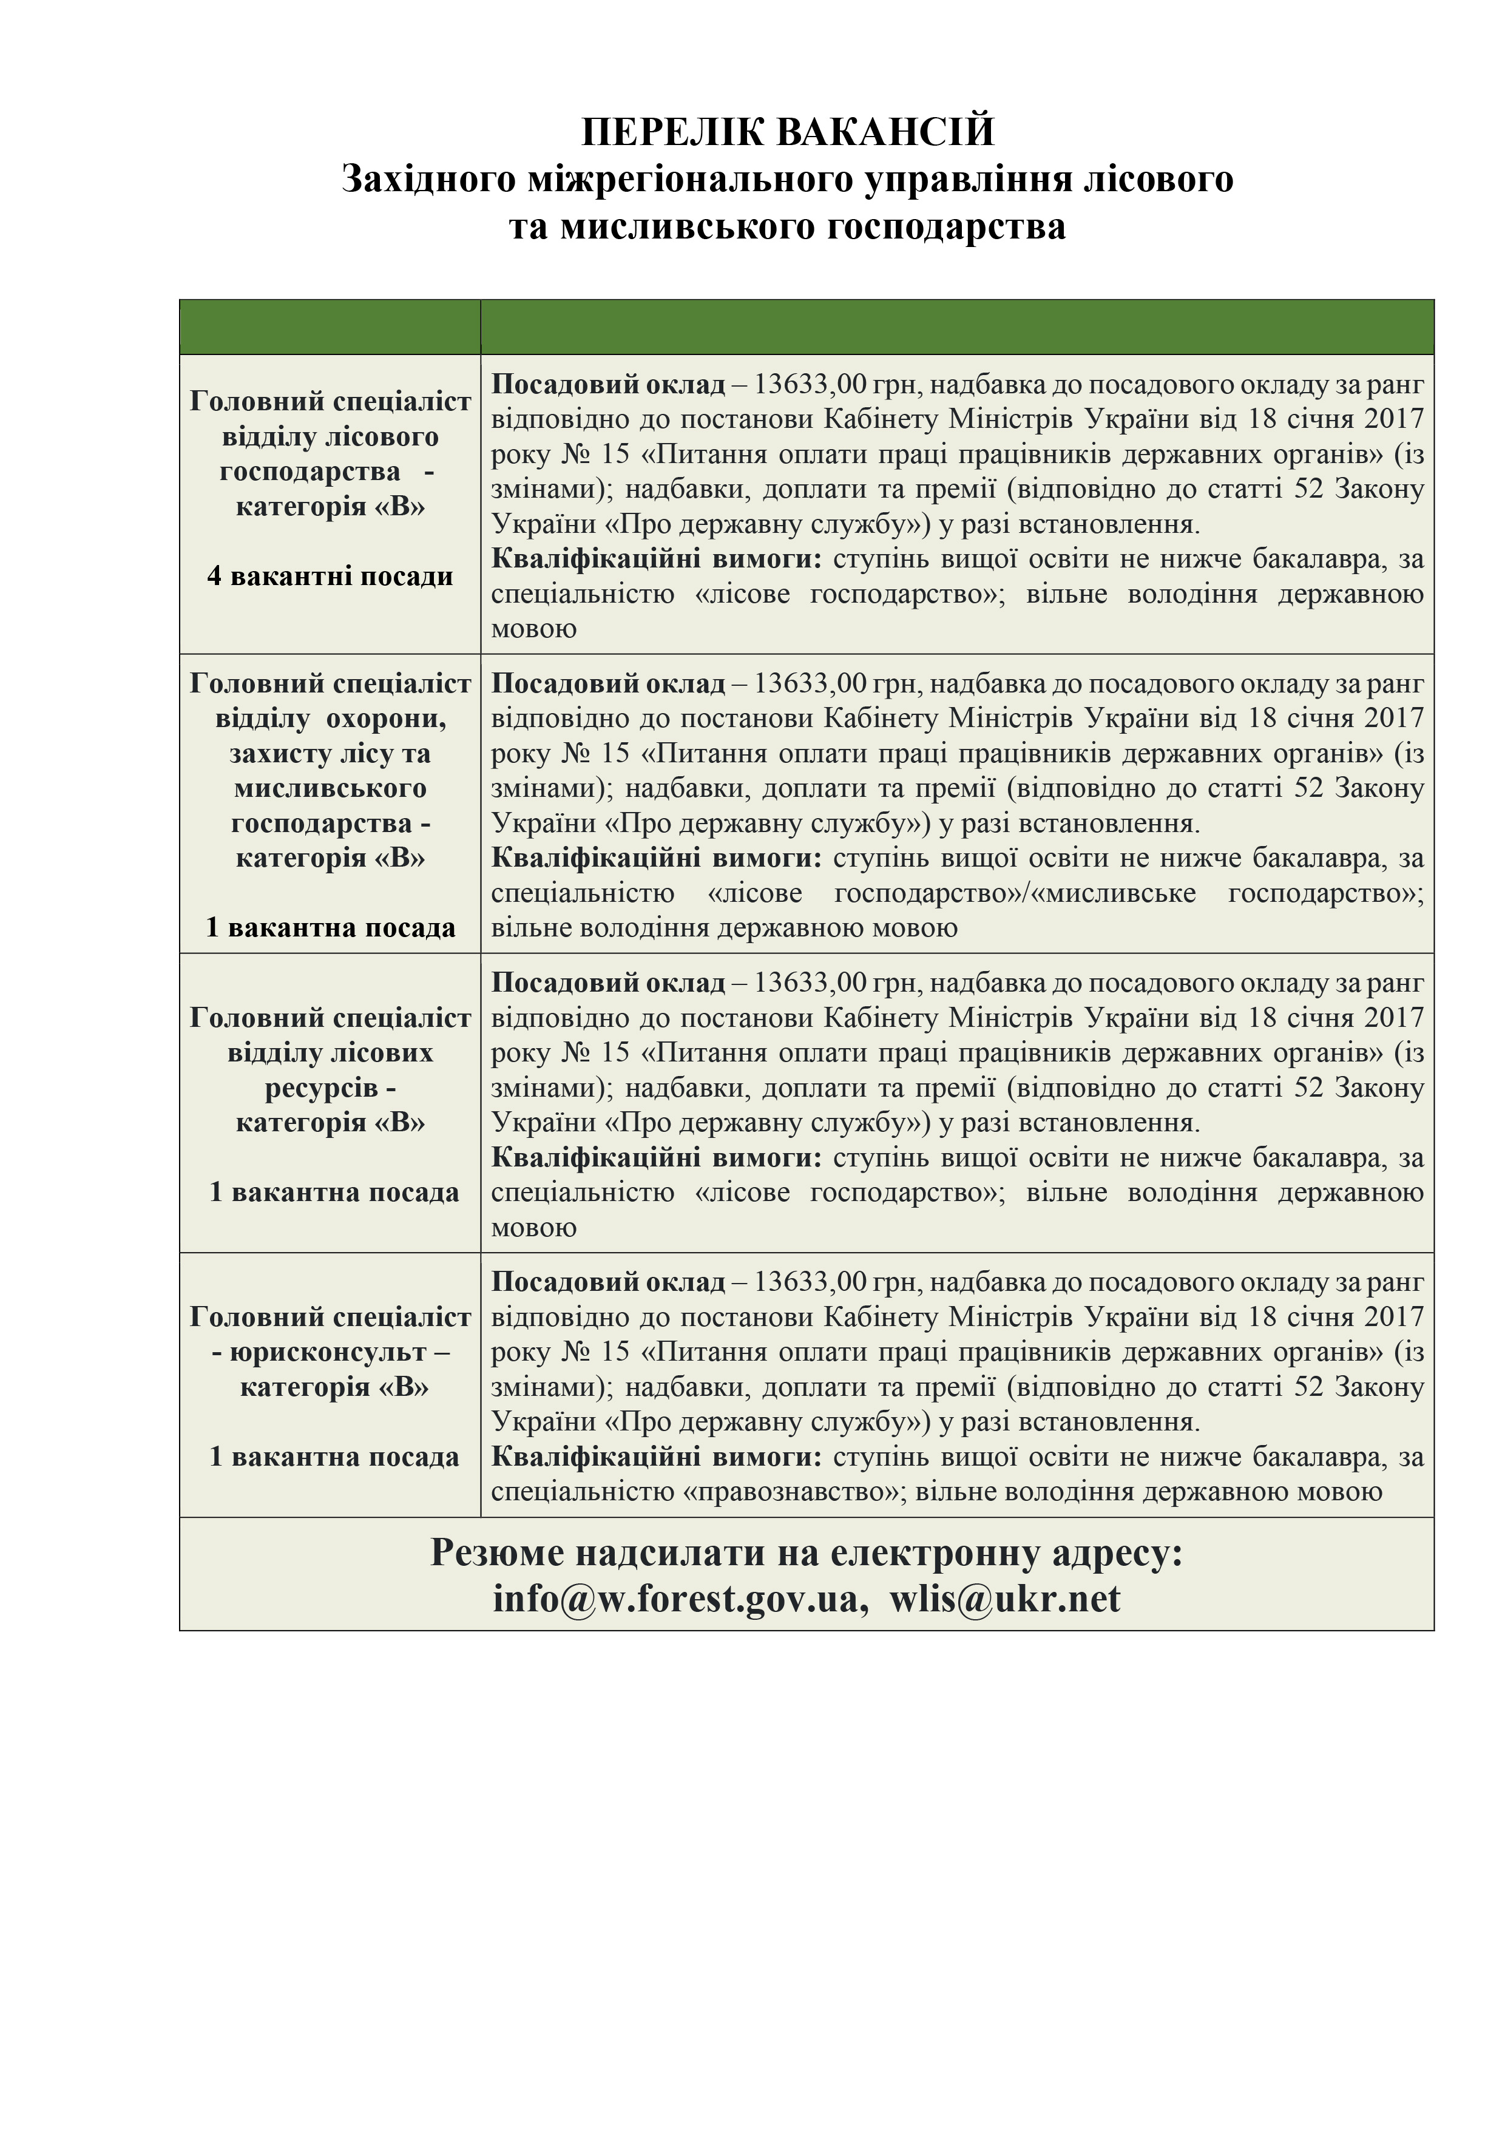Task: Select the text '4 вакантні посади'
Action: pyautogui.click(x=330, y=577)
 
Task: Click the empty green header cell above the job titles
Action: pyautogui.click(x=330, y=327)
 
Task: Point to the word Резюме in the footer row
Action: pyautogui.click(x=499, y=1552)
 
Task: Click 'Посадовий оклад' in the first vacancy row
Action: pyautogui.click(x=607, y=385)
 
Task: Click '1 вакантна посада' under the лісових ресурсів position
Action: pyautogui.click(x=334, y=1193)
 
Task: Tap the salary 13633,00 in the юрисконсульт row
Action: pyautogui.click(x=808, y=1282)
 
